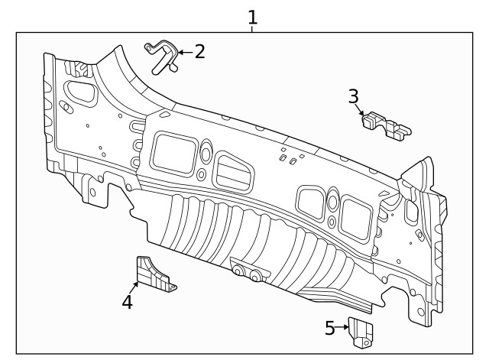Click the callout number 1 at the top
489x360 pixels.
pos(252,17)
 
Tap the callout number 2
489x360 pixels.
pos(199,52)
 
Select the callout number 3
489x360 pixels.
pos(353,96)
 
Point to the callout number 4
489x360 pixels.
pos(128,302)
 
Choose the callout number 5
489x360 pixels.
pos(329,329)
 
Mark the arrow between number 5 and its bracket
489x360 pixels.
pos(343,329)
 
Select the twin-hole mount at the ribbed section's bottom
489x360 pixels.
pos(249,272)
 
